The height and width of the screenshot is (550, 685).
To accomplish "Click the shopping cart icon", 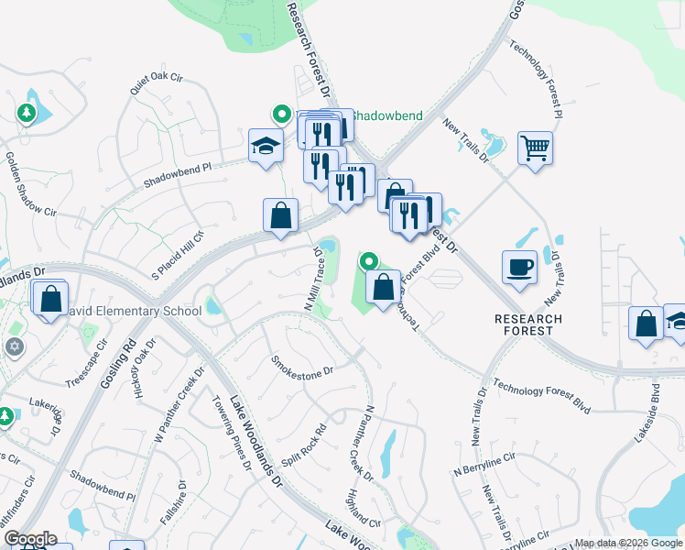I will [x=535, y=147].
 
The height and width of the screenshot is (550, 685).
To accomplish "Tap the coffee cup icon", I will [x=519, y=267].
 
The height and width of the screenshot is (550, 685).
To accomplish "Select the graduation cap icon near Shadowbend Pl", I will [x=266, y=146].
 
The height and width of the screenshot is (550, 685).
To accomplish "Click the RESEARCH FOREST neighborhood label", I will [x=528, y=325].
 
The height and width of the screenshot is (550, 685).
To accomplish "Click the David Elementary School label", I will [x=136, y=312].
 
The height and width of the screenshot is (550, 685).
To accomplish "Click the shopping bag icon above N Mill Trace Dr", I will [x=280, y=215].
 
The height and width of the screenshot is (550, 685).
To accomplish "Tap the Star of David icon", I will [x=13, y=346].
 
